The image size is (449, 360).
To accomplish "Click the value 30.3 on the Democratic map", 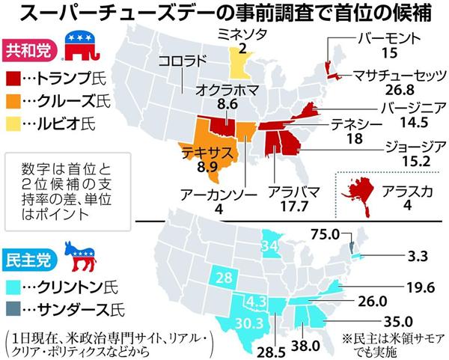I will (227, 323).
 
